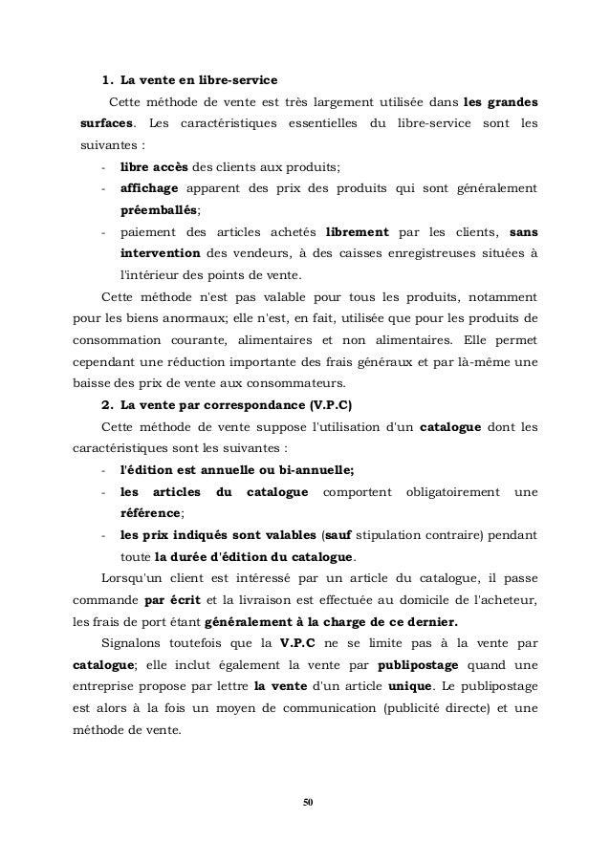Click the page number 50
305,798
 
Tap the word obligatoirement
447,491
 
